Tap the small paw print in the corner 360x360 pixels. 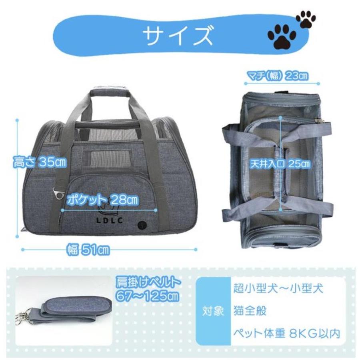click(306, 18)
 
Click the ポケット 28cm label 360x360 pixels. click(103, 199)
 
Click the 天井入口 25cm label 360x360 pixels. click(280, 164)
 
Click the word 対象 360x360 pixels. click(214, 311)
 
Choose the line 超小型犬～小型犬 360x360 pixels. click(276, 288)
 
